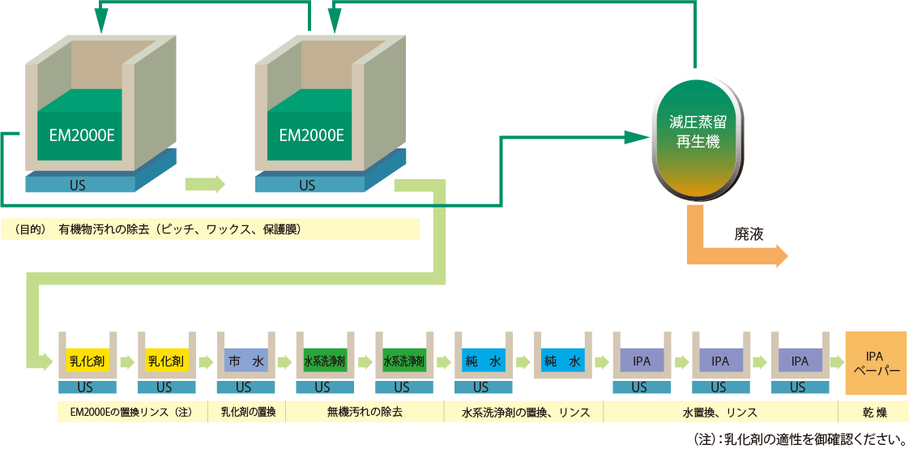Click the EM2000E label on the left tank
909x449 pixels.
(x=81, y=135)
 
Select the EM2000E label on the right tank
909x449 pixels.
(x=311, y=135)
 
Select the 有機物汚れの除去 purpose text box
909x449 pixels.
(x=211, y=229)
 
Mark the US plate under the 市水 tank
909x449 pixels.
(x=244, y=387)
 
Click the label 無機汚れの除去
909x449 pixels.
(x=365, y=412)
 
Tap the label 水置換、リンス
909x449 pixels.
(x=720, y=412)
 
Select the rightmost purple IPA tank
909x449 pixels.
(x=800, y=361)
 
